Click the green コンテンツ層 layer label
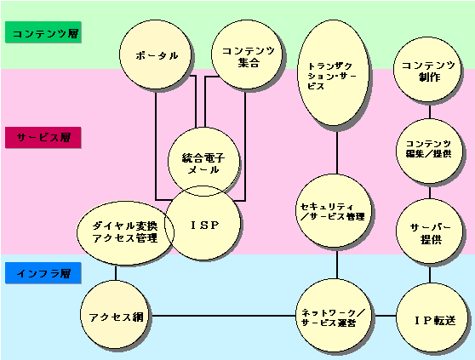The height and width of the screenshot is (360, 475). [43, 32]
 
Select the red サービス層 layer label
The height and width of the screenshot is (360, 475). [43, 138]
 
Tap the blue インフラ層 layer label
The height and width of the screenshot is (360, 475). [43, 273]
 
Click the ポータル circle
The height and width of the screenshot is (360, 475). [156, 54]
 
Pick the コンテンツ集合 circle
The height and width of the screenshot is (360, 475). [248, 54]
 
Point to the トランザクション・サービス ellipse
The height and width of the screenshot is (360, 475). [334, 72]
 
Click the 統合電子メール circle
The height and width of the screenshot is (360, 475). [203, 162]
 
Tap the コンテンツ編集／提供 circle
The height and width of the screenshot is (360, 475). [429, 151]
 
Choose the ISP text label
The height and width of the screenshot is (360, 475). [205, 225]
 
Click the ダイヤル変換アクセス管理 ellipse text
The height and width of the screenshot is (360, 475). [125, 232]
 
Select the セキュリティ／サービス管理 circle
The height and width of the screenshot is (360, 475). [334, 211]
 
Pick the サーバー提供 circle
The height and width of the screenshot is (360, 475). [429, 231]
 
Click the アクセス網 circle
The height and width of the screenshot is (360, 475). [116, 314]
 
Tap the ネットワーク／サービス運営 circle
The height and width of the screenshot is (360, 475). [334, 317]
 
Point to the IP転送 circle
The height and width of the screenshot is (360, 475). [432, 317]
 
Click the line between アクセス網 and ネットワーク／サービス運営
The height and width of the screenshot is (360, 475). [223, 316]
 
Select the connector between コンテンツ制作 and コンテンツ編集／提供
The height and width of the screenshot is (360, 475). [430, 111]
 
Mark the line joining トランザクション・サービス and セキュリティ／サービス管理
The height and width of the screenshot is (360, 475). [337, 150]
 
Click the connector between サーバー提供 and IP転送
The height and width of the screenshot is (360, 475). [430, 273]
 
